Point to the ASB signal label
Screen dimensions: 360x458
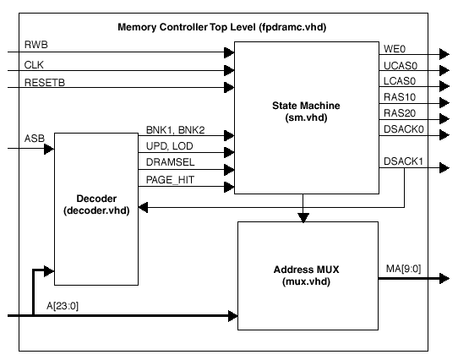pyautogui.click(x=34, y=139)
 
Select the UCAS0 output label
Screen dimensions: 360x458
pyautogui.click(x=400, y=67)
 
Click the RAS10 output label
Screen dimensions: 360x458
pyautogui.click(x=398, y=99)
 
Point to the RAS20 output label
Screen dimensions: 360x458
pyautogui.click(x=398, y=114)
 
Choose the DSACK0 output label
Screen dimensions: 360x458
pyautogui.click(x=403, y=129)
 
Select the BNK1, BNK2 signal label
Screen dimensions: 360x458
pyautogui.click(x=175, y=132)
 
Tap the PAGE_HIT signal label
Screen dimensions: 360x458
pyautogui.click(x=169, y=178)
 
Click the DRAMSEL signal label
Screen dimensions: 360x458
pyautogui.click(x=168, y=162)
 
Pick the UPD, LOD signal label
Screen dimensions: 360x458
pyautogui.click(x=169, y=147)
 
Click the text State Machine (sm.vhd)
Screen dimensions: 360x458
pyautogui.click(x=306, y=112)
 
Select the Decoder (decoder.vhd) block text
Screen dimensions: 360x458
pyautogui.click(x=95, y=205)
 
